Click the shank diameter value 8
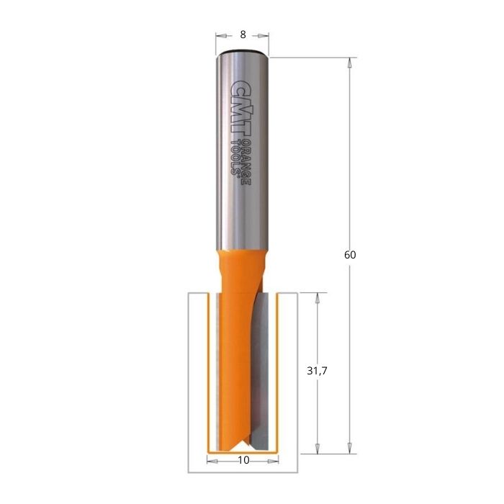(243, 35)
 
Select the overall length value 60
(351, 255)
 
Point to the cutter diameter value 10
(243, 460)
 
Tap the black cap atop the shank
(243, 53)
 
